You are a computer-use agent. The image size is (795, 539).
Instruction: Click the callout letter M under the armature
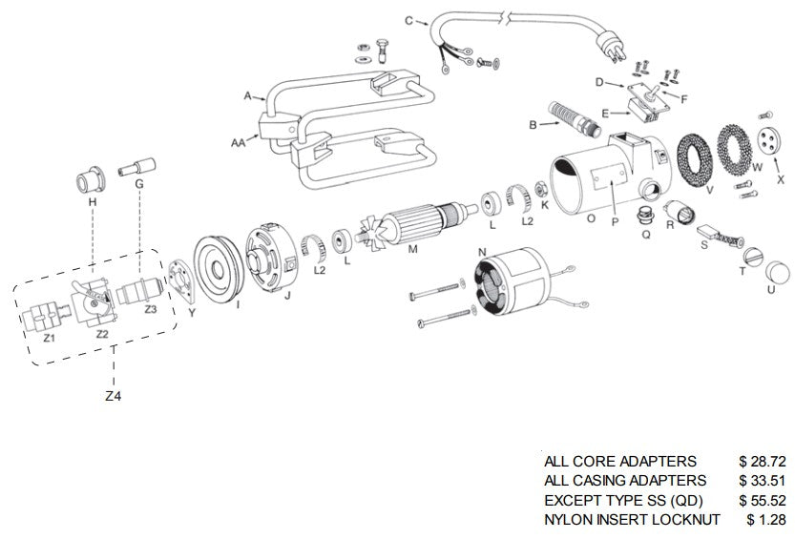pyautogui.click(x=412, y=251)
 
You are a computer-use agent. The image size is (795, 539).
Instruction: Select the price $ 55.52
pyautogui.click(x=762, y=500)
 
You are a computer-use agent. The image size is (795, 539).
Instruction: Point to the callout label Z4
pyautogui.click(x=114, y=395)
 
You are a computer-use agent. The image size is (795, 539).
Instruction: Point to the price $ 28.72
pyautogui.click(x=762, y=461)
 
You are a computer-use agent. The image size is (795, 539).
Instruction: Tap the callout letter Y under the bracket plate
pyautogui.click(x=193, y=312)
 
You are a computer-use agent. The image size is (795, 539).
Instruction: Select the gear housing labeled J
pyautogui.click(x=270, y=261)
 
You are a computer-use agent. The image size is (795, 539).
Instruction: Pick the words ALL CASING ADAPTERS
pyautogui.click(x=625, y=481)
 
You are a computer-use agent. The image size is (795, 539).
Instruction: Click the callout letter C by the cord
pyautogui.click(x=408, y=20)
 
